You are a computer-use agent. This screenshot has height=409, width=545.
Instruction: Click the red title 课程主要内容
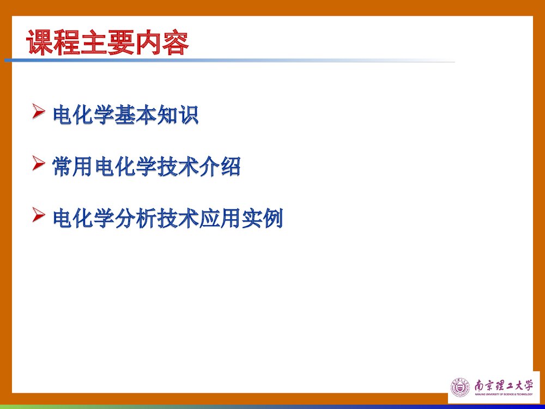tap(108, 43)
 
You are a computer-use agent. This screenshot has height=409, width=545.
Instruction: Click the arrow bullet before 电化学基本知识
tap(39, 112)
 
